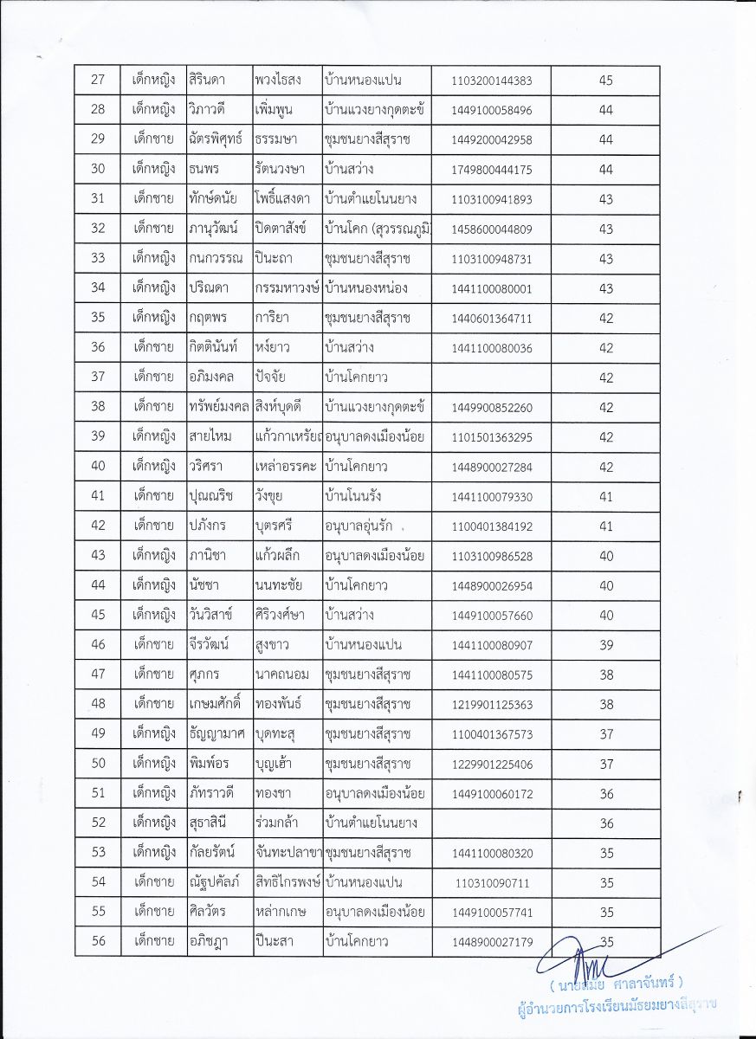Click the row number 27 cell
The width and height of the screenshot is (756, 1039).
(x=98, y=81)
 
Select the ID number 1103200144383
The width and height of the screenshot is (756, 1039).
(x=491, y=81)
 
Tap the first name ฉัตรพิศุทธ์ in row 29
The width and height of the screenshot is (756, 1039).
(x=217, y=139)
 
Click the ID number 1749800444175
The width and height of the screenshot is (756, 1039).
(x=491, y=170)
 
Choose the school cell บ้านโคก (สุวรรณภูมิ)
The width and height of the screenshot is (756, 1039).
(x=377, y=229)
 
